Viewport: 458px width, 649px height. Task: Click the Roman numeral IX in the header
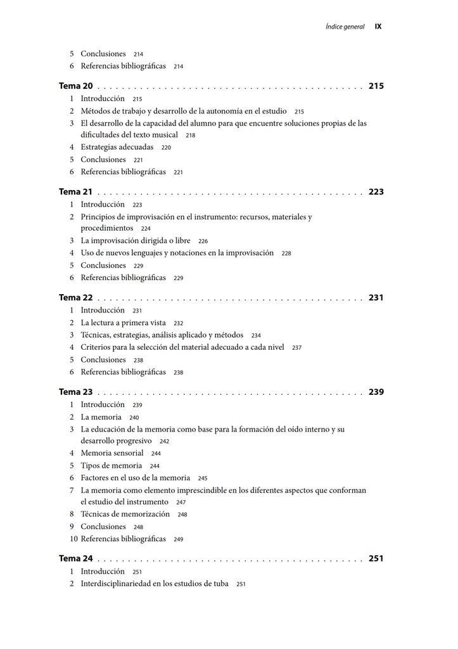[378, 27]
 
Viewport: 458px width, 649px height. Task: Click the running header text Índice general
[345, 27]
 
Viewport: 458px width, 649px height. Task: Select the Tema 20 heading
[76, 86]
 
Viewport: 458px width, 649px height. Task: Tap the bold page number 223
[376, 192]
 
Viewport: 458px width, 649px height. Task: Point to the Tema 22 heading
[76, 298]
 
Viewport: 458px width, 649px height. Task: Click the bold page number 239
[376, 392]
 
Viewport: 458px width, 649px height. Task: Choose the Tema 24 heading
[76, 559]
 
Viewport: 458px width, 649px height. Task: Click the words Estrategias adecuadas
[117, 147]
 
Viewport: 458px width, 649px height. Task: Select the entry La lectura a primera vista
[123, 323]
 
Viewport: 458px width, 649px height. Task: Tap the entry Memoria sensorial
[112, 453]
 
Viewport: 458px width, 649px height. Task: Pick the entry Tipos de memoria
[111, 466]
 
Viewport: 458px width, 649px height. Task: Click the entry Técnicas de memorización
[125, 514]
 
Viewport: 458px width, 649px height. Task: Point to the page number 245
[203, 479]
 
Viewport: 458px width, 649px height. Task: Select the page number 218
[191, 136]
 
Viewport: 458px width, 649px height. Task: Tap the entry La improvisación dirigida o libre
[136, 241]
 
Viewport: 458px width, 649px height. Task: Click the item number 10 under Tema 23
[73, 539]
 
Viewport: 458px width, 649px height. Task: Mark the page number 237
[296, 348]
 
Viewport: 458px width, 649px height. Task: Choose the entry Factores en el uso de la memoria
[136, 478]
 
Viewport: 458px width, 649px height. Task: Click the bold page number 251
[376, 559]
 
